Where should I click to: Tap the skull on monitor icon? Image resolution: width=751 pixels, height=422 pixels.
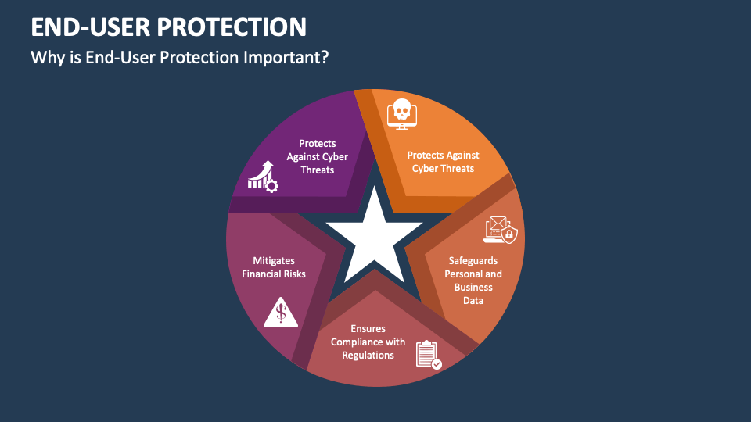(402, 114)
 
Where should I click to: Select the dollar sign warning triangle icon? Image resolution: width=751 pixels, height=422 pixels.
(281, 313)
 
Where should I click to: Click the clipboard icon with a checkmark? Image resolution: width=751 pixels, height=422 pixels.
(429, 355)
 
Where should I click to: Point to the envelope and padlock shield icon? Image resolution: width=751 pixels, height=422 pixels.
(501, 230)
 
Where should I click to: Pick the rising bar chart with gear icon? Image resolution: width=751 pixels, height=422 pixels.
(263, 177)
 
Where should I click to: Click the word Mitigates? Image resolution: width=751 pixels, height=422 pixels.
(274, 261)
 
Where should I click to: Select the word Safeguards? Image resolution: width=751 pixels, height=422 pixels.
(473, 261)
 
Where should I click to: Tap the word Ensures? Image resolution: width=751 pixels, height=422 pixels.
(368, 329)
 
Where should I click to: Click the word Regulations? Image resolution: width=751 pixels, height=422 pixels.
(368, 356)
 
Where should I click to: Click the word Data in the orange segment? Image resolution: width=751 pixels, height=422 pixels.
(473, 300)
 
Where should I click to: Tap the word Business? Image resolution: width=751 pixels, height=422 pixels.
(473, 287)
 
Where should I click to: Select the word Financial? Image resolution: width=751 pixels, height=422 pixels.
(263, 274)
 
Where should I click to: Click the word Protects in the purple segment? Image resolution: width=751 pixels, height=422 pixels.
(317, 144)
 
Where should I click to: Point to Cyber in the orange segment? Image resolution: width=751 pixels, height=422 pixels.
(424, 169)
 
